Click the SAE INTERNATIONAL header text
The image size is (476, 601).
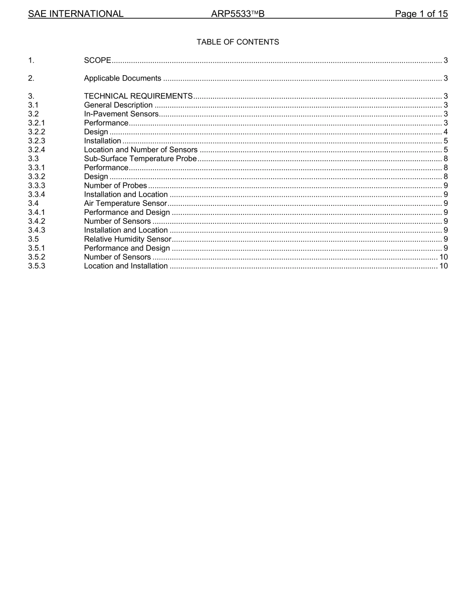coord(76,14)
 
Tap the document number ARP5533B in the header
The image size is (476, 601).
coord(238,14)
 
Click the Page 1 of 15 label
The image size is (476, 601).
coord(421,14)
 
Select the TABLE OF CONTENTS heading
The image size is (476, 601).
coord(238,42)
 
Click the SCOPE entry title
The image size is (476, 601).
coord(97,60)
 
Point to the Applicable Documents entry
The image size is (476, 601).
coord(123,78)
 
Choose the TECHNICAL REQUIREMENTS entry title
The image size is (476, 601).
coord(138,96)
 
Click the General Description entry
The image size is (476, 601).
coord(118,105)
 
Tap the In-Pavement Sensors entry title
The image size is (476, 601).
coord(121,114)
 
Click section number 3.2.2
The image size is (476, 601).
coord(37,132)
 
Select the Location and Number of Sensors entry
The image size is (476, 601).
coord(141,150)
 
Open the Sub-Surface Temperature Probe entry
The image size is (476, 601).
coord(140,159)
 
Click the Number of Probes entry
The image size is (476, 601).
coord(116,185)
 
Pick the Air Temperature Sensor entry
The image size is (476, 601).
coord(125,203)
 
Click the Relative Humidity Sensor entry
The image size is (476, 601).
coord(128,239)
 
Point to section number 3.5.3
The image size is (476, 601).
coord(37,266)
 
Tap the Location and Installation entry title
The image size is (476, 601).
coord(126,266)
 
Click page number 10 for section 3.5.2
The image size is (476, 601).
coord(443,257)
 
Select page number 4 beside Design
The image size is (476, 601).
coord(445,132)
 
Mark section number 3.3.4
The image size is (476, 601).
coord(37,194)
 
